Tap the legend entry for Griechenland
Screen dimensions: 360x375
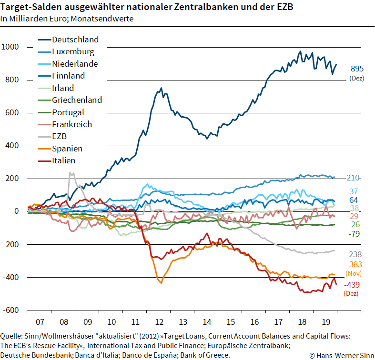[x=77, y=100]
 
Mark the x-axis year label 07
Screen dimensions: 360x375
[x=40, y=321]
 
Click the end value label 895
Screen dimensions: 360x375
[x=357, y=69]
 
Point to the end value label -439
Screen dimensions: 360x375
[x=353, y=285]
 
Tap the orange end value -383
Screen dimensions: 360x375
[x=353, y=265]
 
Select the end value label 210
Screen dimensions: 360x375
[x=353, y=178]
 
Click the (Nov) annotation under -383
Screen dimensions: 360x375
[x=353, y=274]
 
